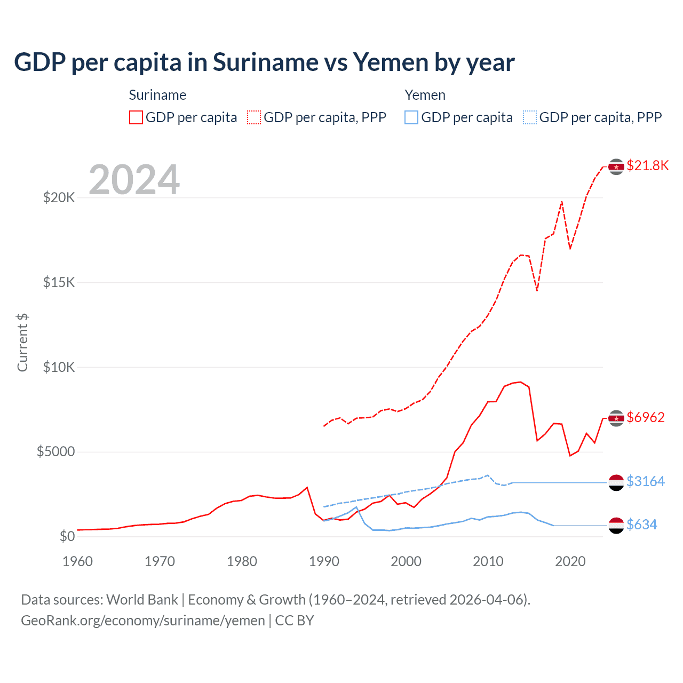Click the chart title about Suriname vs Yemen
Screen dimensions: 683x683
[x=264, y=62]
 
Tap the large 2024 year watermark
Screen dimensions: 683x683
[x=134, y=180]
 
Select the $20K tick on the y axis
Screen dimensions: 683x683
[x=59, y=198]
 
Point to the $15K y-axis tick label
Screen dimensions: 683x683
[x=59, y=282]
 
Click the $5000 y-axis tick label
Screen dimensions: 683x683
[x=55, y=452]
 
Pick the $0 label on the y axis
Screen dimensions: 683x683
[x=67, y=536]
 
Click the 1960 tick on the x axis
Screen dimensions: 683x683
[x=78, y=561]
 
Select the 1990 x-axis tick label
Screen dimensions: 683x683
[x=324, y=561]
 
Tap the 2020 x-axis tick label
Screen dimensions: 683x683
[x=570, y=561]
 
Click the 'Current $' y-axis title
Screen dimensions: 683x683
[x=22, y=343]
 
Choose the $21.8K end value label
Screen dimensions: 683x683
[x=647, y=166]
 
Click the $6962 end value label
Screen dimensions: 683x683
[x=646, y=417]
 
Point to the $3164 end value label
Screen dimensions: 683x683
[x=646, y=481]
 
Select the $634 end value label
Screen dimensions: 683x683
[x=642, y=525]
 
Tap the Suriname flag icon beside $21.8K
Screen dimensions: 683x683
[x=616, y=167]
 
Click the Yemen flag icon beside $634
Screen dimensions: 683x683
[x=616, y=525]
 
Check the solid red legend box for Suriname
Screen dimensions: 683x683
[x=136, y=117]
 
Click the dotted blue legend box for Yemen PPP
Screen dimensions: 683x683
[x=530, y=117]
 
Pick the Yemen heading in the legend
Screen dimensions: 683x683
[x=425, y=95]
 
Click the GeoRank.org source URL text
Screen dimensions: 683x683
[x=143, y=621]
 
